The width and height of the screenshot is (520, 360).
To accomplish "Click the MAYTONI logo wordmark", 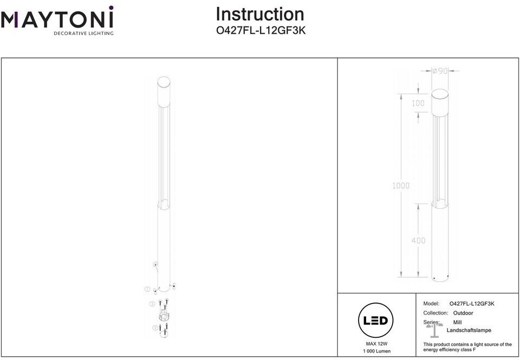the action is (57, 19).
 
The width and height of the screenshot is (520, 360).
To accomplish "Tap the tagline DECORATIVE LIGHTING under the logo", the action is (83, 34).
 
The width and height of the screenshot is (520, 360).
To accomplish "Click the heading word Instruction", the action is (260, 14).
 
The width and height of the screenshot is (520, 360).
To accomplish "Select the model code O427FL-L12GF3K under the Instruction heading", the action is (261, 31).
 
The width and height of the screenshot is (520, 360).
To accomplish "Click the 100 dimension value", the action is (418, 103).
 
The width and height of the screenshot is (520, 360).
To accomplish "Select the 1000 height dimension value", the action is (401, 186).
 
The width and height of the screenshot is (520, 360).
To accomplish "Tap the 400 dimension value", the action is (418, 240).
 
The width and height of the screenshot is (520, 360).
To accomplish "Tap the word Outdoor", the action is (463, 313).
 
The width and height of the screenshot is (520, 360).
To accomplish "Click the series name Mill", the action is (457, 322).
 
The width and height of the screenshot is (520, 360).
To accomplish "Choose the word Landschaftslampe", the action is (469, 330).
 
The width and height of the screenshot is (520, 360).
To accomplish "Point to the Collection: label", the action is (435, 313).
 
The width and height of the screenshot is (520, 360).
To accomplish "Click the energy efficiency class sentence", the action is (467, 347).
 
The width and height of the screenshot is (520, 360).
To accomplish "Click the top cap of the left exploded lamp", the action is (164, 83).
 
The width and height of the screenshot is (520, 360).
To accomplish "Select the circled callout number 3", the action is (152, 304).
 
